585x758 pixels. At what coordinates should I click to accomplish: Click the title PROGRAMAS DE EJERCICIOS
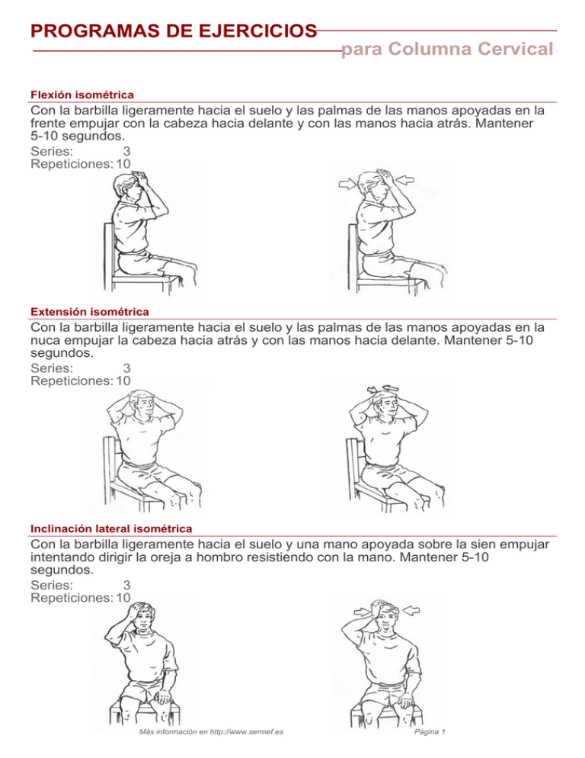click(x=174, y=31)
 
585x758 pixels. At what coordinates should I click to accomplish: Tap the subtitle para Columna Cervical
click(x=447, y=50)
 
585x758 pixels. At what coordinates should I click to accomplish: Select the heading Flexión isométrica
click(x=82, y=95)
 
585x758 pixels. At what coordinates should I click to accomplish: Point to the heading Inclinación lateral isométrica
click(x=110, y=528)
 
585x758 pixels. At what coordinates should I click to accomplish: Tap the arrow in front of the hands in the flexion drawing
click(x=404, y=181)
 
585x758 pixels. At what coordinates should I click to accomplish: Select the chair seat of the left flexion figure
click(x=152, y=278)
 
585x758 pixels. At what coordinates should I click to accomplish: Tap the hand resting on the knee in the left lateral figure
click(x=165, y=696)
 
